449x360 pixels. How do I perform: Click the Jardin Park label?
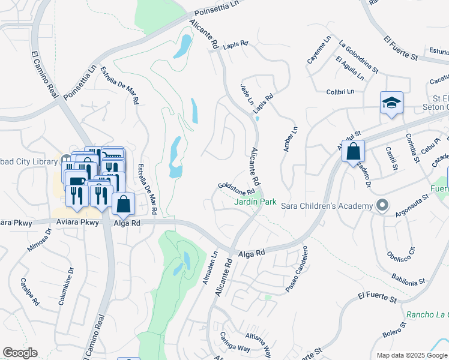(255, 202)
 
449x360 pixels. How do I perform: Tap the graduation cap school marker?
(391, 104)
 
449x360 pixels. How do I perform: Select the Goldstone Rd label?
(233, 188)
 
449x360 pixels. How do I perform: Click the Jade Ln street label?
(247, 94)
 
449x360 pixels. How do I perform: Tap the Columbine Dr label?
(66, 287)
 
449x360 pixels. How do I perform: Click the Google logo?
(20, 352)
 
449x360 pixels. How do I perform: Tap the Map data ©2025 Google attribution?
(411, 355)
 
